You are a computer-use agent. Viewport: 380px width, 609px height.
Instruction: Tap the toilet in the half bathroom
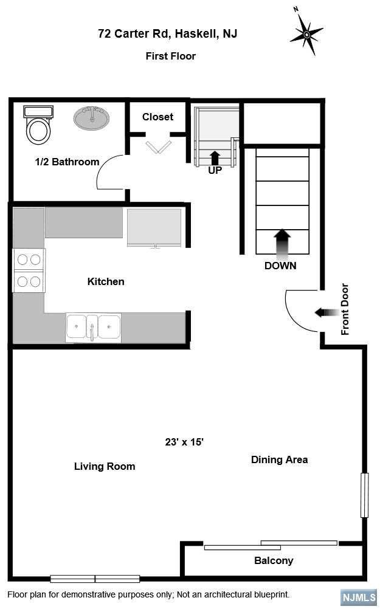(38, 124)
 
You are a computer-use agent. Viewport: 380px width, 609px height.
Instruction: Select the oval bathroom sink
(92, 118)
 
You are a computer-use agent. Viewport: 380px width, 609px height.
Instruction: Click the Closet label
(157, 117)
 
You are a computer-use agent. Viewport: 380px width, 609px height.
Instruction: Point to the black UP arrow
(215, 157)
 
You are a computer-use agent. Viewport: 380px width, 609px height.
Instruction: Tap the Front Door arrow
(326, 312)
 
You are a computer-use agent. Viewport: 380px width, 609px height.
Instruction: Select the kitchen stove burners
(29, 270)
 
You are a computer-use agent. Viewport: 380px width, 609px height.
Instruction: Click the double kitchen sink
(93, 328)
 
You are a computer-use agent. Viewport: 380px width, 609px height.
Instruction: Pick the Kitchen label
(106, 281)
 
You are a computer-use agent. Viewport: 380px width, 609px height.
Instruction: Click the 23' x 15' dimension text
(184, 442)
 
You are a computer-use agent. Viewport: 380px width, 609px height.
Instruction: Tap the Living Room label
(105, 466)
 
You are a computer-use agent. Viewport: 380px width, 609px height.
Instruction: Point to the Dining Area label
(279, 460)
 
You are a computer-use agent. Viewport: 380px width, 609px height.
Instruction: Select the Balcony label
(274, 561)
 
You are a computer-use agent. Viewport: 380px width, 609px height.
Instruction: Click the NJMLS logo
(359, 597)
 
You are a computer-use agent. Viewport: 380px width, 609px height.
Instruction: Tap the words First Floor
(171, 56)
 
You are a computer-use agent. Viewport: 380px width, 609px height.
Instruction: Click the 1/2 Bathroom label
(67, 162)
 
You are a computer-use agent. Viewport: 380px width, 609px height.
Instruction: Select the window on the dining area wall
(364, 495)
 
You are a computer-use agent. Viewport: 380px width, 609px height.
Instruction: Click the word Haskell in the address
(195, 34)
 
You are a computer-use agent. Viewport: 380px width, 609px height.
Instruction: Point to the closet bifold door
(159, 147)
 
